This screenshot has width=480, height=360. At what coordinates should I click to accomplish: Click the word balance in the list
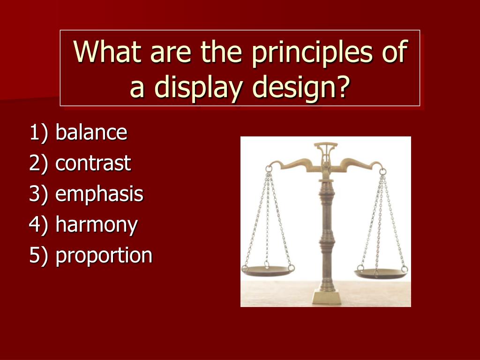coord(91,133)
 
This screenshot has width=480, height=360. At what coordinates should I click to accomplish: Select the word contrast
coord(93,164)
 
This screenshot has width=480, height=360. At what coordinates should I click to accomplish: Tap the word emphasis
coord(99,195)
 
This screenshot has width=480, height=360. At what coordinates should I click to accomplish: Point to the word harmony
coord(96,225)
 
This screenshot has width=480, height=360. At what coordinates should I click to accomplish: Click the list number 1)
coord(39,133)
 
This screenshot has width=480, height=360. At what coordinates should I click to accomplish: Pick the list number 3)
coord(39,195)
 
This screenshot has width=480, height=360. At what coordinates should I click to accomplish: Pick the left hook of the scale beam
coord(269,167)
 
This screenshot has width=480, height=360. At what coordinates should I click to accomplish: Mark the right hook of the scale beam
coord(382,169)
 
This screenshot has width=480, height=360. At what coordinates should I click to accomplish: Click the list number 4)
coord(39,225)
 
